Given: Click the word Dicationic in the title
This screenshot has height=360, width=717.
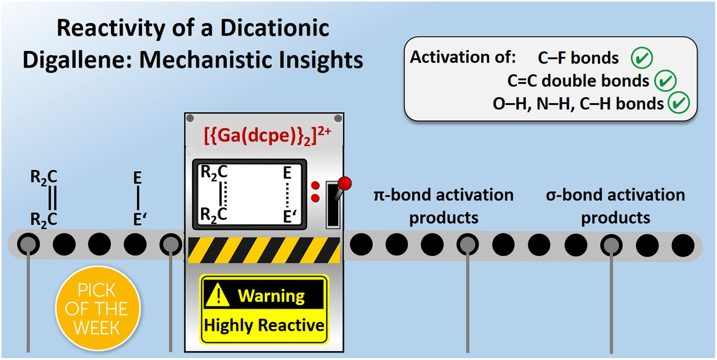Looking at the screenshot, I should tap(275, 29).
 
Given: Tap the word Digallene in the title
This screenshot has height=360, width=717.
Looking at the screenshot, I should tap(73, 60).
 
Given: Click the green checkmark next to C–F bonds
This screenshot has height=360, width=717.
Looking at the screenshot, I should tap(642, 58).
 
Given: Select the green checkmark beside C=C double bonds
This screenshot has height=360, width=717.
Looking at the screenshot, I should tap(665, 81).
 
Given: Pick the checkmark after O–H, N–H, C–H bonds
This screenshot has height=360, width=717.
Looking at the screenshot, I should tap(679, 103).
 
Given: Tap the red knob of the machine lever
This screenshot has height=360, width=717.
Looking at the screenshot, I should tap(345, 184).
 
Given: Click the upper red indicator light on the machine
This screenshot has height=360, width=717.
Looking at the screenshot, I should tap(315, 186).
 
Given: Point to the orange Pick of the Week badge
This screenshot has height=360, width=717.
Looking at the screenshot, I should tap(97, 309).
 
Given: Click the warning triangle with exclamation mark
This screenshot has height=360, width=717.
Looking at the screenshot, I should tap(217, 296).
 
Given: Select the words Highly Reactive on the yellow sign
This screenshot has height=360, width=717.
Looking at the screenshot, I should tap(264, 326).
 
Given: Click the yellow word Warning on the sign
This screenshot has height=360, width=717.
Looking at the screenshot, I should tap(271, 296).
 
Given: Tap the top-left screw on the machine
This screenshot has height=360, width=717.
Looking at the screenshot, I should tap(190, 118).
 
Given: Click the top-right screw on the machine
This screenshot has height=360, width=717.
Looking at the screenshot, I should tap(338, 118).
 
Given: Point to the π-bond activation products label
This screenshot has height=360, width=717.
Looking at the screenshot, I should tap(444, 206).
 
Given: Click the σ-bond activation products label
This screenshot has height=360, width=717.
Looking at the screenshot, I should tap(615, 206).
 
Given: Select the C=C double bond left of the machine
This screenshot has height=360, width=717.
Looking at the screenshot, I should tap(53, 198).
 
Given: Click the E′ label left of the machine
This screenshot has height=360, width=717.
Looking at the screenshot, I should tap(139, 219).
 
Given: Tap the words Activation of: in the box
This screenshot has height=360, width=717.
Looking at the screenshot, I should tap(463, 58).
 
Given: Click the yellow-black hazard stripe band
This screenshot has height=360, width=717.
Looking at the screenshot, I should tap(264, 250).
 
